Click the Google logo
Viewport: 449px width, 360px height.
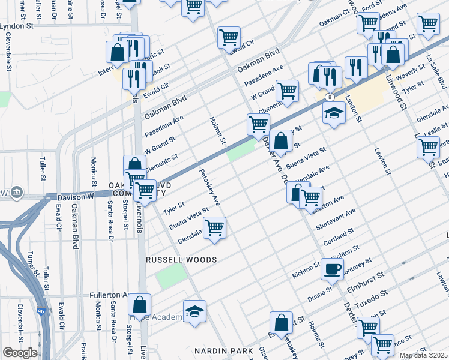(20, 353)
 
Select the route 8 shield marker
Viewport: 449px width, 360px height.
(330, 97)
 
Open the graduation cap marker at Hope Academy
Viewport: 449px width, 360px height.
(194, 311)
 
